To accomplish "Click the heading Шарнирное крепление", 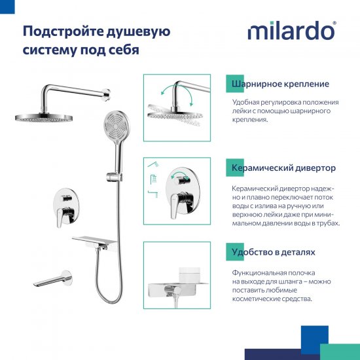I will (x=280, y=84).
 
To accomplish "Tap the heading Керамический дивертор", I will (x=283, y=168).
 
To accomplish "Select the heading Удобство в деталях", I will (x=273, y=251).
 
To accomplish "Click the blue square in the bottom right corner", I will (x=314, y=339).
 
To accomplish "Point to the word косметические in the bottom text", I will (x=261, y=298).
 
